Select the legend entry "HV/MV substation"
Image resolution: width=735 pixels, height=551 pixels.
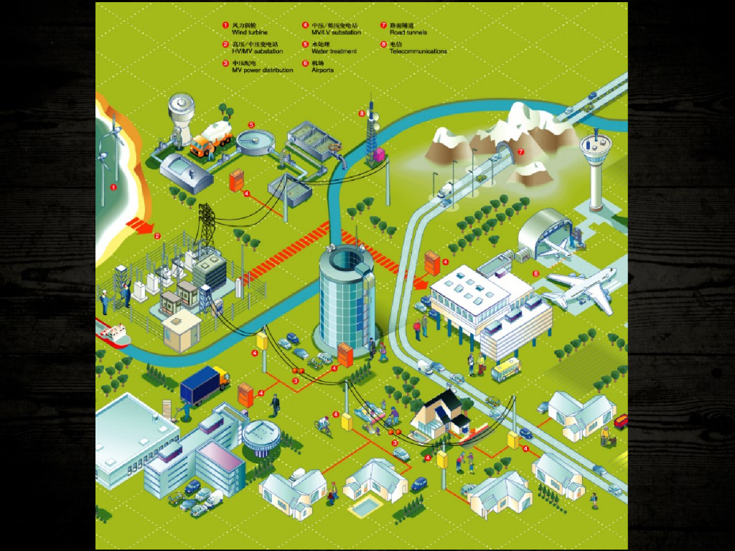point(257,52)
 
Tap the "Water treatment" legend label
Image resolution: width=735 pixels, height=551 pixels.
point(334,52)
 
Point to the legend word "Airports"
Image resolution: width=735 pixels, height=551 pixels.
point(322,70)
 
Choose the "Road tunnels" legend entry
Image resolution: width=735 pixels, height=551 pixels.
point(408,33)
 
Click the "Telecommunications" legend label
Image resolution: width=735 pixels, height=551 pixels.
point(418,52)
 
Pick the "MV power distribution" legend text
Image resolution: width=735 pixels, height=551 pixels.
point(262,70)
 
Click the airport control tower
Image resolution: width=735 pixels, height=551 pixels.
point(595,169)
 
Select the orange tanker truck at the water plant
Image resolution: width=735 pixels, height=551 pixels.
point(210,138)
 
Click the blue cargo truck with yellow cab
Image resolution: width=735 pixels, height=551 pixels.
point(204,385)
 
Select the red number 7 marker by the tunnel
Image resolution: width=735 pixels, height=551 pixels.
point(521,152)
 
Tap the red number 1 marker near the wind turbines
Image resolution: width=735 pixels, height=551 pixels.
point(113,187)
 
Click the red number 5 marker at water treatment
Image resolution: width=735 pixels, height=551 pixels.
point(251,124)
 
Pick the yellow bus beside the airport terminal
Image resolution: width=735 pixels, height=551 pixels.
point(505,369)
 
